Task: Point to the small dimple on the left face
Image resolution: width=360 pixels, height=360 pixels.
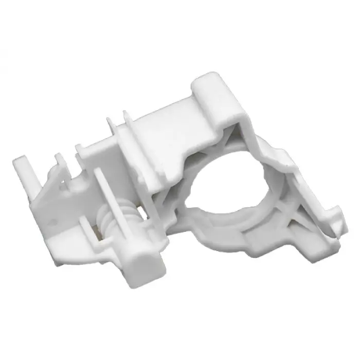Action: (x=55, y=222)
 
